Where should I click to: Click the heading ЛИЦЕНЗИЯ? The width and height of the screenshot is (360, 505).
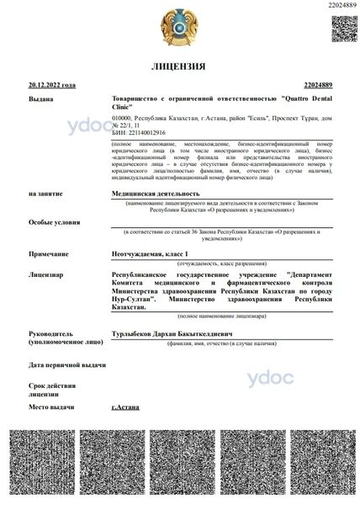click(179, 66)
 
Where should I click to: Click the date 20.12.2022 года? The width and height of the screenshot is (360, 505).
click(52, 85)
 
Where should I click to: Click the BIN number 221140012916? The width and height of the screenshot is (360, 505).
click(139, 134)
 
